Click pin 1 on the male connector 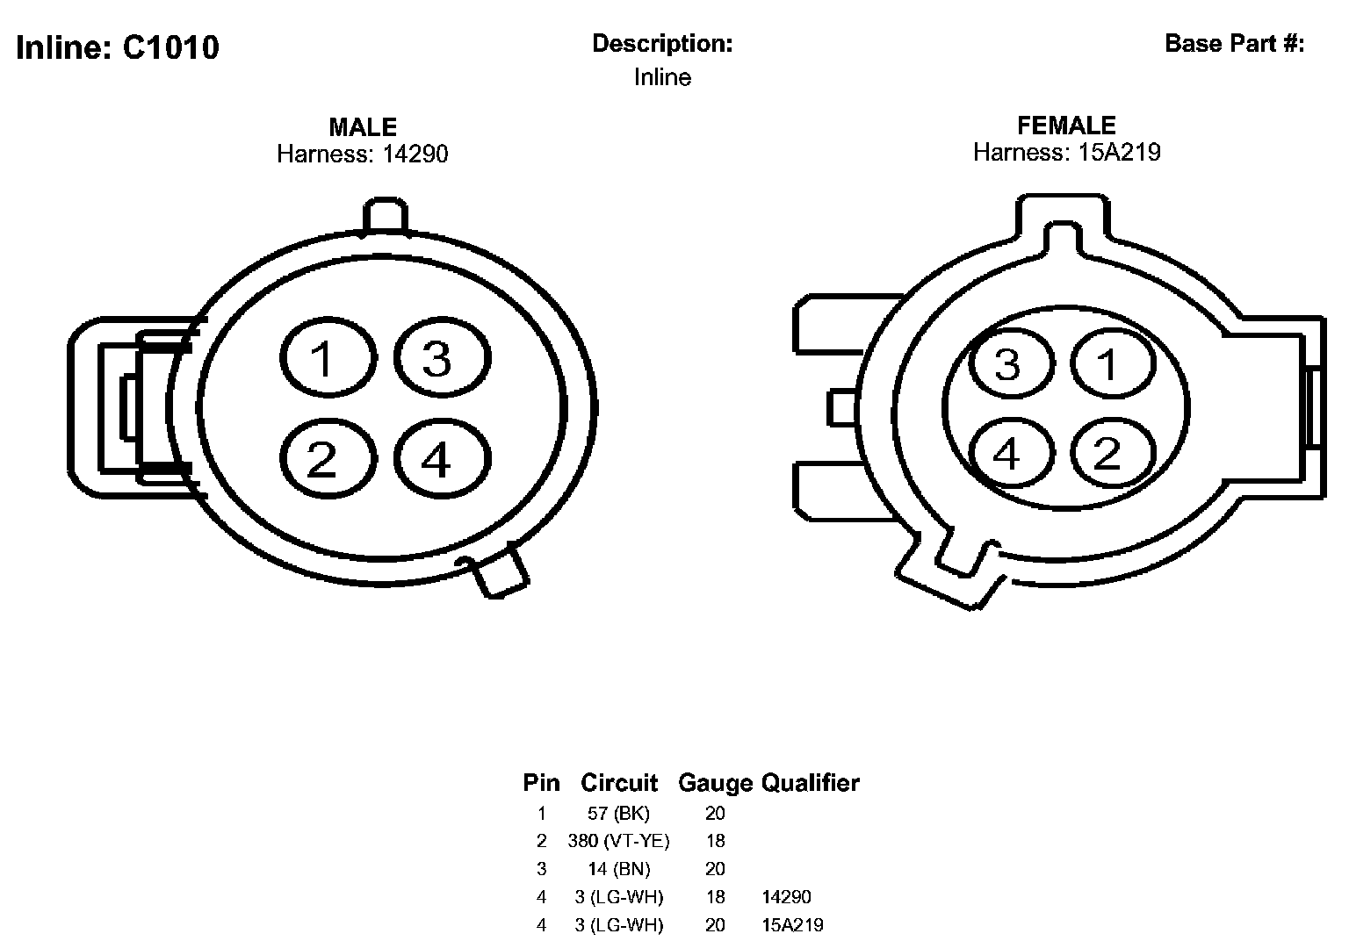[x=328, y=357]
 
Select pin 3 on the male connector [x=442, y=357]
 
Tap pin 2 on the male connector [x=328, y=459]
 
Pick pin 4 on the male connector [x=442, y=459]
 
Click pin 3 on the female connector [x=1011, y=363]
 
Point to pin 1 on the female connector [x=1113, y=363]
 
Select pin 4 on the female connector [x=1011, y=453]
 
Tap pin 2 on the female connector [x=1113, y=453]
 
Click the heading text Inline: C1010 [x=118, y=47]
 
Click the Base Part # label [x=1235, y=44]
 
